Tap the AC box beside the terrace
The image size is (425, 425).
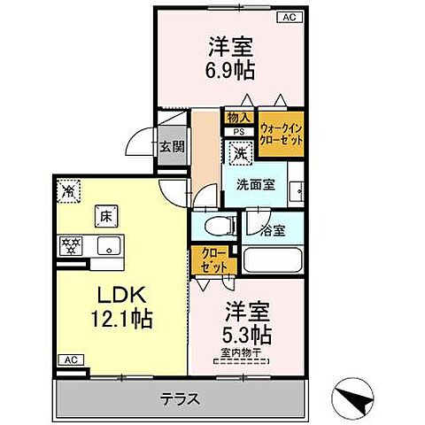click(68, 360)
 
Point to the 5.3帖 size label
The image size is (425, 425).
click(247, 336)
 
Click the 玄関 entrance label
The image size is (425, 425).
click(172, 147)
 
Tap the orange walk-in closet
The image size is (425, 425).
click(281, 134)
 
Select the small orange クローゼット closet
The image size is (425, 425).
click(210, 259)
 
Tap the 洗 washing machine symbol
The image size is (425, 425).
click(239, 153)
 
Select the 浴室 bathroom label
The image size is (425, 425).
click(274, 230)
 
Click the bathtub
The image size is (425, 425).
click(274, 262)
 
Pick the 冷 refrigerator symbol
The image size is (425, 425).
click(68, 189)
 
